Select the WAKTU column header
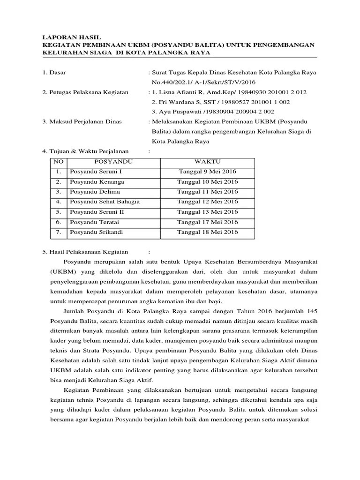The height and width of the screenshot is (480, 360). coord(207,162)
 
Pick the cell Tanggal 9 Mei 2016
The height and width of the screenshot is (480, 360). coord(207,172)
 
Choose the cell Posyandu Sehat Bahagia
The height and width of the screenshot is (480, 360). coord(105,202)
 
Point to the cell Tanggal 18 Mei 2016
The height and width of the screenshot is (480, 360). coord(207,232)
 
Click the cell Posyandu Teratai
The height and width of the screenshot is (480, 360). coord(89,222)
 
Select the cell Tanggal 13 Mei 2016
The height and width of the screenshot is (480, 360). coord(207,212)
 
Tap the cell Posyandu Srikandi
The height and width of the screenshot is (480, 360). coord(90,232)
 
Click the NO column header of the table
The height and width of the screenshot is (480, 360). coord(59,162)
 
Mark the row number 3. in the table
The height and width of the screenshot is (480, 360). coord(59,192)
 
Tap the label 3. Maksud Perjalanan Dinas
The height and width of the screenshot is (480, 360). coord(82,121)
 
